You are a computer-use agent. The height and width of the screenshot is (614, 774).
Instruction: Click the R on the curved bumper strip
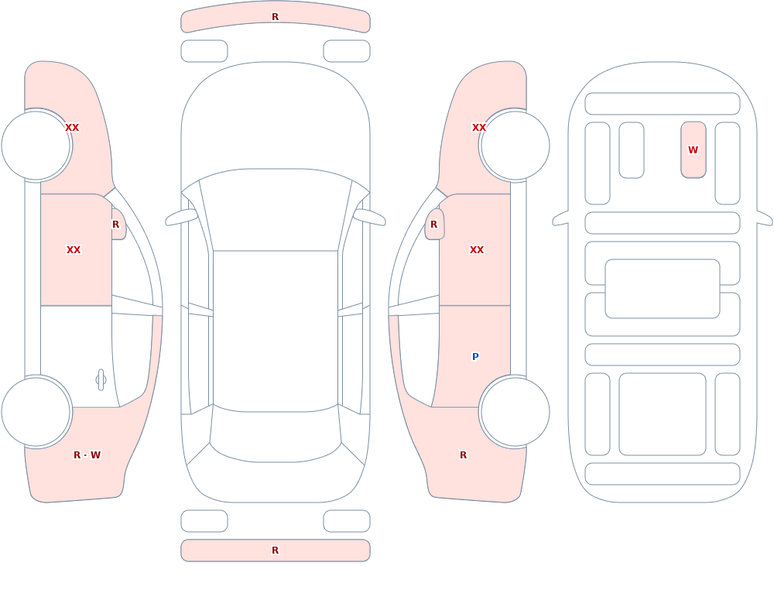(x=276, y=17)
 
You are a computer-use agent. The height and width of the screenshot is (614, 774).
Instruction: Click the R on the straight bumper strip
(x=276, y=551)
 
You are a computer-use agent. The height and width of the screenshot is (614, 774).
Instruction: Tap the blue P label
(x=475, y=357)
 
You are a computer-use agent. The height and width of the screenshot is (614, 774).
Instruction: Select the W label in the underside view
(x=693, y=149)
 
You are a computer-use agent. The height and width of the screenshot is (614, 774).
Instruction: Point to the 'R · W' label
(x=87, y=455)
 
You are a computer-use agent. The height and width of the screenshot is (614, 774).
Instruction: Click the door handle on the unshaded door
(x=101, y=380)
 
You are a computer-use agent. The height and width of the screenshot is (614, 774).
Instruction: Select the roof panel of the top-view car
(x=276, y=331)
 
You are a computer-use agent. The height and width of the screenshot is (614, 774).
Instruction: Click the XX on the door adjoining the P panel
(x=477, y=250)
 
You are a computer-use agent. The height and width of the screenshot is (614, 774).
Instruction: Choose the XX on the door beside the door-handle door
(x=74, y=250)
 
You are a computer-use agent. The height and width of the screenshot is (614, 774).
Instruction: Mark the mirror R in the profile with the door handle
(x=116, y=225)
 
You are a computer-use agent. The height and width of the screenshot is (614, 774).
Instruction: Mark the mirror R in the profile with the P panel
(x=434, y=225)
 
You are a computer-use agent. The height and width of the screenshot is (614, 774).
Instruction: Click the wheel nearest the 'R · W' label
(x=36, y=411)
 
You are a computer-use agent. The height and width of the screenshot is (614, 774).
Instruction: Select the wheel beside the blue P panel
(x=515, y=411)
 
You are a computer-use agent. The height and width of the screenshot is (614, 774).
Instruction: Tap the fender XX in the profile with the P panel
(x=479, y=128)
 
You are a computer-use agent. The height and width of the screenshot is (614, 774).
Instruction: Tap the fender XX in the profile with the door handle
(x=72, y=128)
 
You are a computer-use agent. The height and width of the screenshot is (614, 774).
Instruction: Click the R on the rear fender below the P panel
(x=463, y=455)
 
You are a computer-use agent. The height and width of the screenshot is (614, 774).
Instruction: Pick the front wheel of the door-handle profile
(x=36, y=146)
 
